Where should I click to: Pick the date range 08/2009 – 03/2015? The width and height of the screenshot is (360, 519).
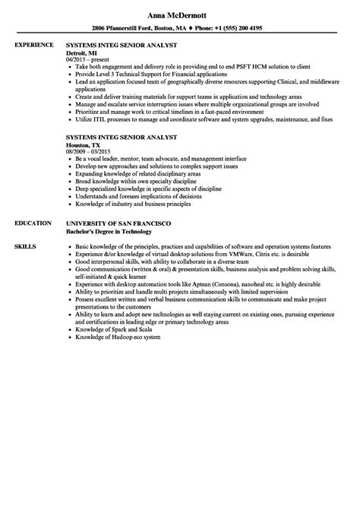(94, 152)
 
